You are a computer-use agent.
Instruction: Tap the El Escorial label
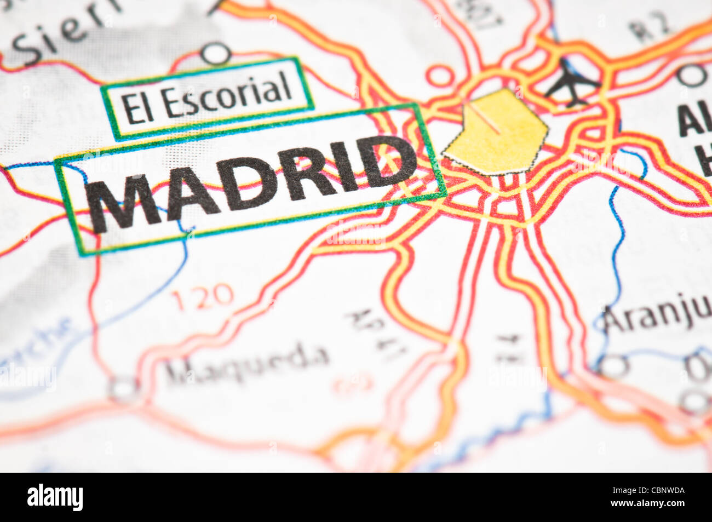pyautogui.click(x=206, y=100)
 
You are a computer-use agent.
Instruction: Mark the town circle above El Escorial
pyautogui.click(x=215, y=54)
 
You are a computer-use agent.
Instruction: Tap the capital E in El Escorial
pyautogui.click(x=129, y=108)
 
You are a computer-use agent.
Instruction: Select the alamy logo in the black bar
pyautogui.click(x=55, y=497)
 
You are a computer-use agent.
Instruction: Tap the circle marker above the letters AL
pyautogui.click(x=691, y=75)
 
